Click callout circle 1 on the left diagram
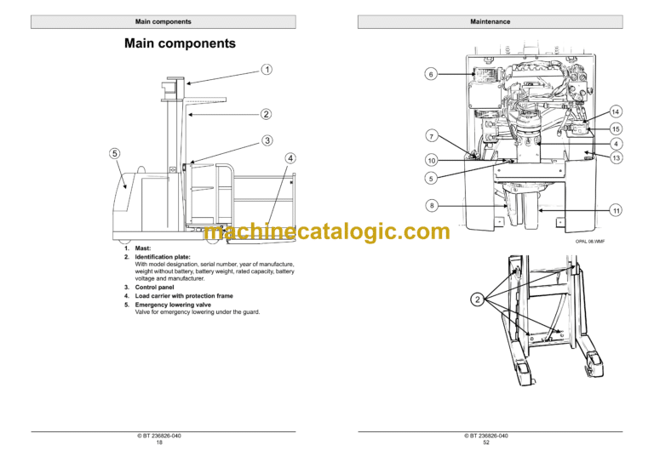[x=267, y=69]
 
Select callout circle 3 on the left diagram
[x=267, y=140]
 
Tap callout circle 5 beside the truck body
[x=114, y=153]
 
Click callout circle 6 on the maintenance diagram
[x=431, y=75]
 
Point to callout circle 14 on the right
[x=616, y=111]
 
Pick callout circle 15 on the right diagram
[x=616, y=128]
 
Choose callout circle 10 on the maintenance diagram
[x=431, y=160]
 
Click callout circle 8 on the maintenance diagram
[x=431, y=205]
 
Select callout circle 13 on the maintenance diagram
[x=616, y=158]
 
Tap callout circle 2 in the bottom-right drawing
[x=477, y=299]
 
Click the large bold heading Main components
[x=180, y=43]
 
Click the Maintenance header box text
[x=490, y=21]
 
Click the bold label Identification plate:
[x=163, y=256]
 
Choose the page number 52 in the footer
[x=486, y=443]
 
